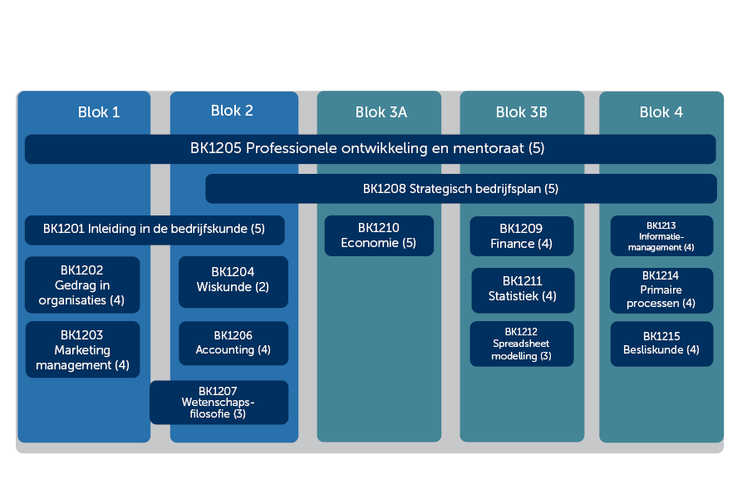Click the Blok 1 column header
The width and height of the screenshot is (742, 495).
click(x=98, y=112)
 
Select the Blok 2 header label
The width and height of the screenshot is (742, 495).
click(x=232, y=111)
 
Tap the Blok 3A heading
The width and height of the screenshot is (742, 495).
click(x=381, y=112)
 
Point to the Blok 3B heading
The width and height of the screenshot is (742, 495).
click(x=522, y=112)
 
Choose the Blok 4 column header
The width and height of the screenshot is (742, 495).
click(x=661, y=112)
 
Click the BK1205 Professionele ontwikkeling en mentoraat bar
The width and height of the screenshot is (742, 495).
click(x=370, y=149)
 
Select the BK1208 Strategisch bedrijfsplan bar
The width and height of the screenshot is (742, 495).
click(x=461, y=189)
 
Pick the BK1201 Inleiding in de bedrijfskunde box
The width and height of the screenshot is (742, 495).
click(x=155, y=230)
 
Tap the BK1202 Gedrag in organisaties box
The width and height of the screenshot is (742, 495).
click(x=82, y=285)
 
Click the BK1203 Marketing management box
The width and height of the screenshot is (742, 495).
click(x=83, y=349)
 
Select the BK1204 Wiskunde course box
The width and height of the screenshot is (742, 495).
click(x=233, y=282)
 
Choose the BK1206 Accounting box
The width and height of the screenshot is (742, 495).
click(x=233, y=343)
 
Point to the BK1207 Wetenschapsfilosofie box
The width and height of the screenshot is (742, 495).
click(x=219, y=402)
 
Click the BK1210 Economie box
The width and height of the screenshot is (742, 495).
click(x=379, y=236)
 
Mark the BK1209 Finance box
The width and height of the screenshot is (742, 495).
click(x=522, y=236)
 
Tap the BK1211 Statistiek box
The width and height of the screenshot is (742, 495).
click(x=523, y=290)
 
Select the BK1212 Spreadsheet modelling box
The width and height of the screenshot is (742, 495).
click(x=522, y=344)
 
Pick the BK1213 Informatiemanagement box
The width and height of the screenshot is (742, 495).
click(x=661, y=236)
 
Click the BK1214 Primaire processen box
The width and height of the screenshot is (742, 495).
click(x=661, y=290)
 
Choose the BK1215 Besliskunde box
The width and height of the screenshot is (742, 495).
click(x=661, y=344)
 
